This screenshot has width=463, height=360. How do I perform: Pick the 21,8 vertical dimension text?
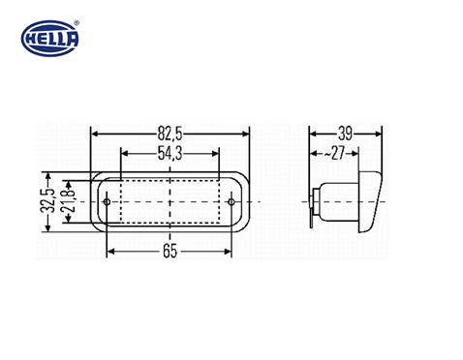click(x=67, y=201)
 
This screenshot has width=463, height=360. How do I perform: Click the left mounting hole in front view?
click(x=107, y=201)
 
